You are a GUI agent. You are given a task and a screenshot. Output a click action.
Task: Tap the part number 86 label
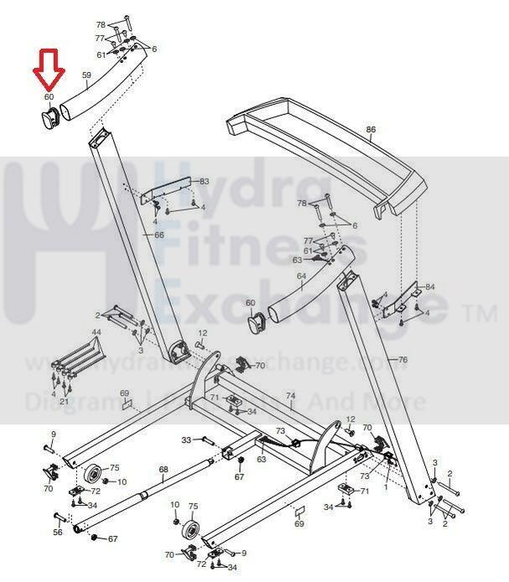click(371, 129)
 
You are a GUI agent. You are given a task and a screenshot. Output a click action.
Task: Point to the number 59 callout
click(86, 75)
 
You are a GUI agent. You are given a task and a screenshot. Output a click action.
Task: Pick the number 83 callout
click(204, 181)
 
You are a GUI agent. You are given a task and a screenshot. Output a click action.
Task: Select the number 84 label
click(430, 287)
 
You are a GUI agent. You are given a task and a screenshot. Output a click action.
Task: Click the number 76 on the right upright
click(403, 360)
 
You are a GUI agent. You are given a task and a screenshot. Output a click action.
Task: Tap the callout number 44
click(96, 333)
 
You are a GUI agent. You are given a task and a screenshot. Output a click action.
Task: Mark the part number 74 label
click(291, 396)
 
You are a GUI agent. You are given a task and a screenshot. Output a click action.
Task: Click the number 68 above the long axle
click(164, 470)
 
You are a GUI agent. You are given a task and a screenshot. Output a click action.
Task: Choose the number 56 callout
click(58, 532)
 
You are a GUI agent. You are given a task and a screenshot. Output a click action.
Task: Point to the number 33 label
click(186, 439)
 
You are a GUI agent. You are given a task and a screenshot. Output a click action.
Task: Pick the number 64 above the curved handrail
click(302, 275)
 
